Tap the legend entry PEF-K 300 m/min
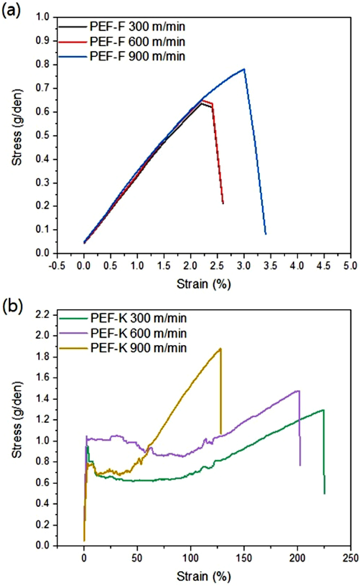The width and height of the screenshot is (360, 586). [139, 318]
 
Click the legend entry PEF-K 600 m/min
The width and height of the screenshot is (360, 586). [139, 333]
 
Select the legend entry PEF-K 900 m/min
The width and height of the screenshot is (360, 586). [139, 348]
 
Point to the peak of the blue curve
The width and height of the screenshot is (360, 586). [244, 69]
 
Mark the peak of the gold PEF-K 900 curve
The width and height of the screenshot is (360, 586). [220, 349]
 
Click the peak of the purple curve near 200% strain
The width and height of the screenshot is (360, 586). [298, 391]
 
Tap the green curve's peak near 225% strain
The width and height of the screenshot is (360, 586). [323, 410]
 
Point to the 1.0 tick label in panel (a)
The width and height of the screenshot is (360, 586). [43, 17]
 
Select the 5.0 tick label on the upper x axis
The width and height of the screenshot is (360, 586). [350, 266]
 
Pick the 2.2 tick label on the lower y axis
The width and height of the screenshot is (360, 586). [43, 315]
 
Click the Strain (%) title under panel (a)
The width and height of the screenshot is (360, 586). [204, 284]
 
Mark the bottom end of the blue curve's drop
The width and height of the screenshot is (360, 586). [266, 234]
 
